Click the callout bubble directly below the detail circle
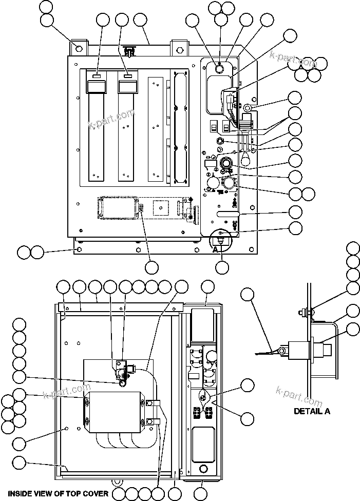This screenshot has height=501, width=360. pyautogui.click(x=222, y=267)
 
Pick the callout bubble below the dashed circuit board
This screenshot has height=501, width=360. pyautogui.click(x=151, y=267)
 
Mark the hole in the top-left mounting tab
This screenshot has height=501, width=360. pyautogui.click(x=79, y=49)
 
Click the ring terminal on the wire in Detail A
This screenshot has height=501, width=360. pyautogui.click(x=280, y=351)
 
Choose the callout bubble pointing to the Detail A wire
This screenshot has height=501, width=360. pyautogui.click(x=248, y=294)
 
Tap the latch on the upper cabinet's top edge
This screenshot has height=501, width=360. pyautogui.click(x=131, y=51)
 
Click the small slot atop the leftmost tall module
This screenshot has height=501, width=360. pyautogui.click(x=97, y=76)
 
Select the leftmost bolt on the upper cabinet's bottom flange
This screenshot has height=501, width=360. pyautogui.click(x=78, y=249)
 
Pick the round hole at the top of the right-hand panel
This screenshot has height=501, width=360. pyautogui.click(x=219, y=68)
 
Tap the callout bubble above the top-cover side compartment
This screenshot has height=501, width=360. pyautogui.click(x=207, y=287)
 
